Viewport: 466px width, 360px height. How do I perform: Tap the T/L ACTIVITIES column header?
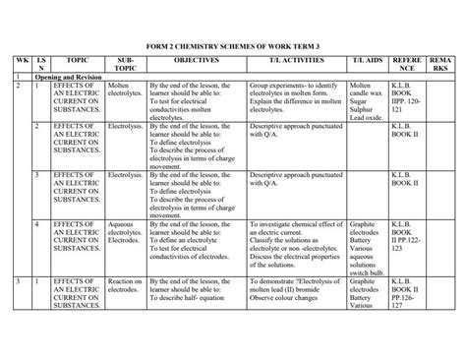pyautogui.click(x=281, y=60)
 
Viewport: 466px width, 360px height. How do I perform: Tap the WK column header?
pyautogui.click(x=20, y=60)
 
